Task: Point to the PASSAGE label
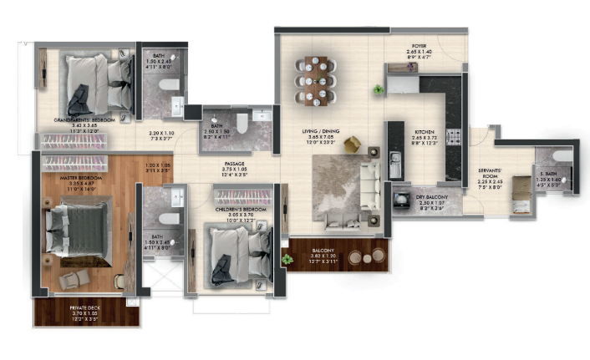pyautogui.click(x=235, y=164)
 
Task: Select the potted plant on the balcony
pyautogui.click(x=287, y=260)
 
